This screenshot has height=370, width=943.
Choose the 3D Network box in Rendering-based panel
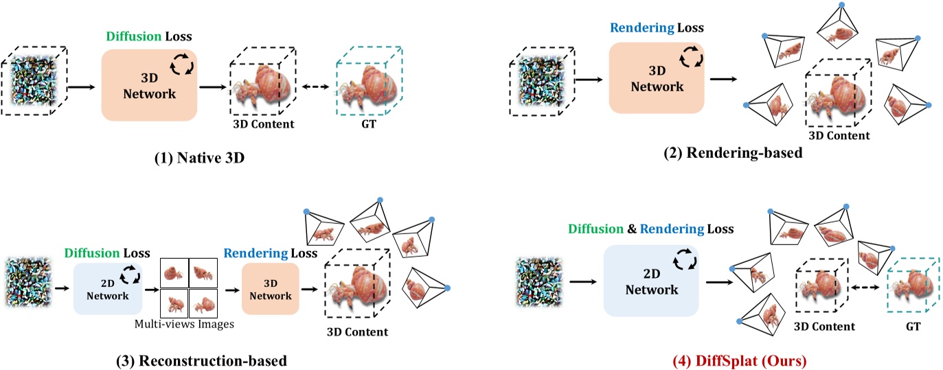(657, 76)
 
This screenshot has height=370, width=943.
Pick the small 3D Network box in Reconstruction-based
(271, 288)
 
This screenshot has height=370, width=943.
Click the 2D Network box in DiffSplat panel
(650, 281)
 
